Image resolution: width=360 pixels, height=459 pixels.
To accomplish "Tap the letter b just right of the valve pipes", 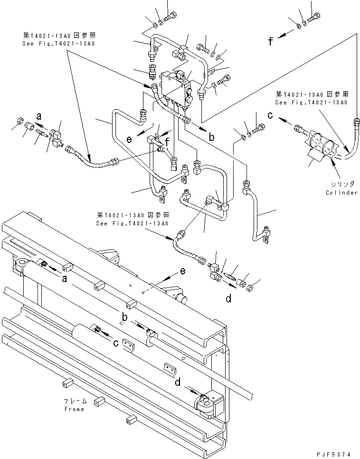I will pyautogui.click(x=211, y=137).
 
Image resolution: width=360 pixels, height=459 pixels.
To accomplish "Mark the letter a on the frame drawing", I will pyautogui.click(x=65, y=279).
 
